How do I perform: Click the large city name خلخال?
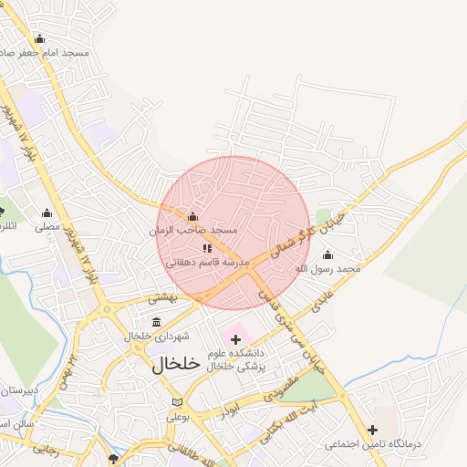[174, 363]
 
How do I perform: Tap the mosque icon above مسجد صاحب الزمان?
[192, 217]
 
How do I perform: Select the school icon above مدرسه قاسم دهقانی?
[207, 247]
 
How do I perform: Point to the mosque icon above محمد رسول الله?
[328, 254]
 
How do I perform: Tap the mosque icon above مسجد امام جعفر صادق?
[39, 38]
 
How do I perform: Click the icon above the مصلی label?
[47, 213]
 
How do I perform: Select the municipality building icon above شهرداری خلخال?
[157, 321]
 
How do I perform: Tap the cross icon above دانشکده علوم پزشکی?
[237, 339]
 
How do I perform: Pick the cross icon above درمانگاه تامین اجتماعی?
[372, 430]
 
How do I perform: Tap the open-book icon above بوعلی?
[177, 402]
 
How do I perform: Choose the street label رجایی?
[47, 448]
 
